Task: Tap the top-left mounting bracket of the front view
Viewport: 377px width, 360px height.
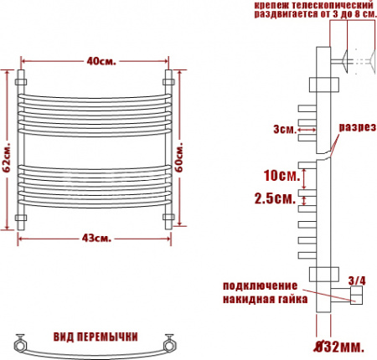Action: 23,81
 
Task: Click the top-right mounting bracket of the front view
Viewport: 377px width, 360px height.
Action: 168,81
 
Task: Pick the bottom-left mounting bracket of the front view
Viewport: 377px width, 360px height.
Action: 23,219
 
